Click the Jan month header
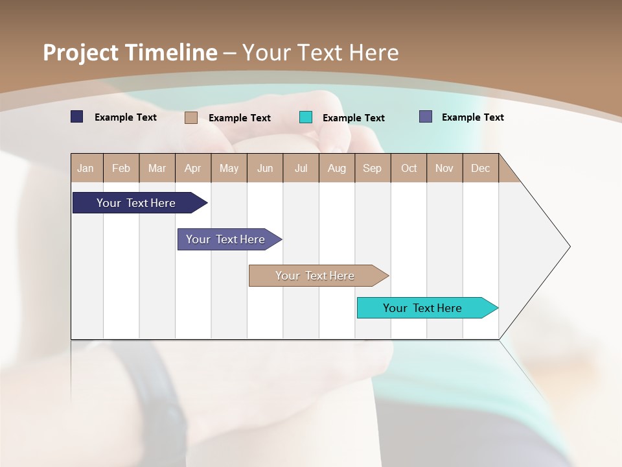click(x=86, y=168)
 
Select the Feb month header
click(x=121, y=168)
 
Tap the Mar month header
click(x=157, y=168)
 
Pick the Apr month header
click(x=193, y=168)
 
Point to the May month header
click(x=229, y=168)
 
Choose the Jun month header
click(x=265, y=168)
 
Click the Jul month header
click(x=301, y=168)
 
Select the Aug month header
click(x=337, y=168)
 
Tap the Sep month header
click(x=373, y=168)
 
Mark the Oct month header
click(x=409, y=168)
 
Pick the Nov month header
click(x=444, y=168)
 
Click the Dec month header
click(x=481, y=168)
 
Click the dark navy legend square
click(x=77, y=117)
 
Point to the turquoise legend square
click(x=306, y=117)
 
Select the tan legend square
click(x=191, y=117)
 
